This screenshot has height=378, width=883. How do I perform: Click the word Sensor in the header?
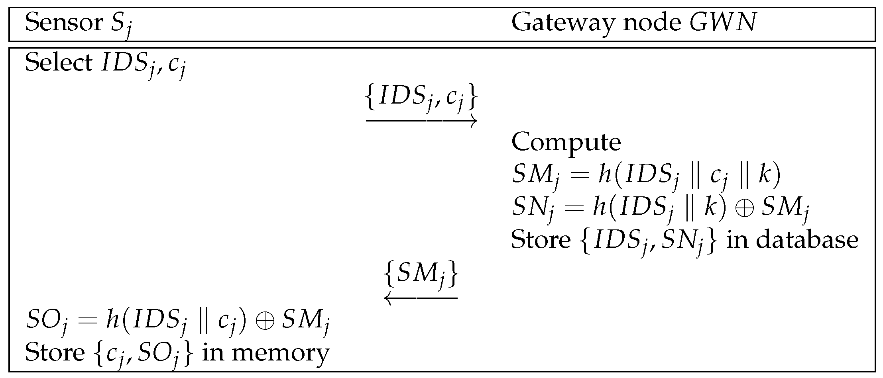(x=64, y=23)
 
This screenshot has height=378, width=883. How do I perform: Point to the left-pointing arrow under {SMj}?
(x=421, y=298)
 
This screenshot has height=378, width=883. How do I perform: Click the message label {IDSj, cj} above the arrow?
(x=421, y=99)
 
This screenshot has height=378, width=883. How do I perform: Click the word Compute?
(x=566, y=142)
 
